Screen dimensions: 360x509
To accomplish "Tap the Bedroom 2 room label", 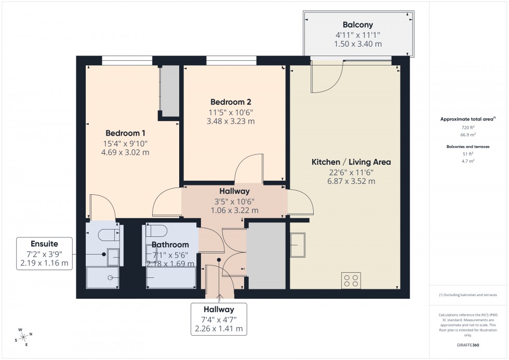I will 232,101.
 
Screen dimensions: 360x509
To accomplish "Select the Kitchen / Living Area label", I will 351,162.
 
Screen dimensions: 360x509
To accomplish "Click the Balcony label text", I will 357,24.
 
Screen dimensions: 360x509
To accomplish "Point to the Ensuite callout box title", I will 44,243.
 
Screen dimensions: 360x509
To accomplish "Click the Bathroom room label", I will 170,245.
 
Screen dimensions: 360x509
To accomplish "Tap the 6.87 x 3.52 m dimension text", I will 351,181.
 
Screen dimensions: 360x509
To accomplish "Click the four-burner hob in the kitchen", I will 351,280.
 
